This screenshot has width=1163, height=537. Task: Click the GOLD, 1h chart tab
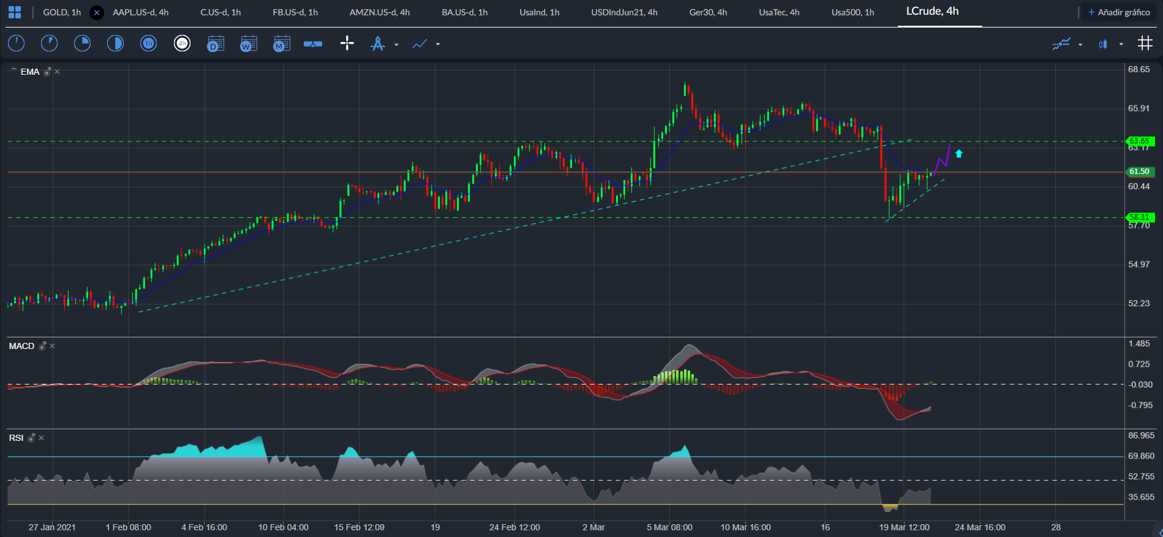[x=62, y=12]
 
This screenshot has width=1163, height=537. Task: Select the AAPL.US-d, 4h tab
[x=140, y=12]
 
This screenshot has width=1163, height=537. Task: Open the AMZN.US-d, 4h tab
[x=380, y=12]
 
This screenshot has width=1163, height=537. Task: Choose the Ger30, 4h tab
[x=708, y=12]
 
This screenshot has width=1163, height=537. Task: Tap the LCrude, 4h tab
[x=932, y=11]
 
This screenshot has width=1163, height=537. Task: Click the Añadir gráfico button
[x=1119, y=12]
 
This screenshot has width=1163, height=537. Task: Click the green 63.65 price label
[x=1140, y=141]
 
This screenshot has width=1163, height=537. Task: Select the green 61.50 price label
[x=1140, y=171]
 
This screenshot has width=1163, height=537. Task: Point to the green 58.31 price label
[x=1140, y=217]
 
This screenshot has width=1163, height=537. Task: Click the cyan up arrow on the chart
[x=959, y=154]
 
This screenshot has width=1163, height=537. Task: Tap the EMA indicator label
[x=30, y=72]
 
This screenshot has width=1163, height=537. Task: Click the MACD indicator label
[x=21, y=346]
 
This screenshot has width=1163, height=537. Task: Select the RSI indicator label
[x=16, y=438]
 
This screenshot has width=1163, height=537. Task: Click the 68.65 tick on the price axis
[x=1139, y=69]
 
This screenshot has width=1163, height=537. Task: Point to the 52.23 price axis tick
[x=1139, y=303]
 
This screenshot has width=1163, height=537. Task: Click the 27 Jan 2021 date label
[x=52, y=527]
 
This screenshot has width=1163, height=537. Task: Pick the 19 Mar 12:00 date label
[x=904, y=527]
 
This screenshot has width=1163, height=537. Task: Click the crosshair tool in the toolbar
[x=347, y=43]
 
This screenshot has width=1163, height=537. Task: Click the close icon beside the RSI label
[x=42, y=438]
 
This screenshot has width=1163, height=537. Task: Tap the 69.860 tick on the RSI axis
[x=1142, y=456]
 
